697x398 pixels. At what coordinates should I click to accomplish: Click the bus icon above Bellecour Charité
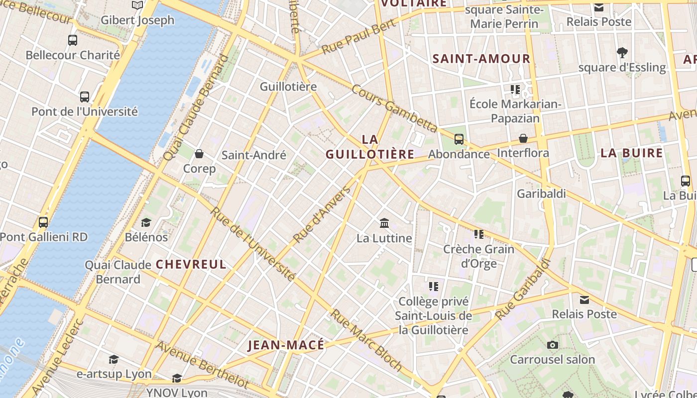[73, 40]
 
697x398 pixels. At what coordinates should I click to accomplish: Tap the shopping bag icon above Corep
[199, 154]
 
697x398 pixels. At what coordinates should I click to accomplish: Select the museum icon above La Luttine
[384, 223]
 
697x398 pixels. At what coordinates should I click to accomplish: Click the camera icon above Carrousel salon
[552, 345]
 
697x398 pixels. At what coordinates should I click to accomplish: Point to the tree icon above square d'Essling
[622, 52]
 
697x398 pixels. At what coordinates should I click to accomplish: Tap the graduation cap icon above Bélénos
[146, 222]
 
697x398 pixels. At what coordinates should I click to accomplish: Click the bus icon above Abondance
[459, 139]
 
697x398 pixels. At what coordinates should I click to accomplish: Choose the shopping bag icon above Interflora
[523, 138]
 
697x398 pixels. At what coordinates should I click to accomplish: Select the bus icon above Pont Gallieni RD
[43, 222]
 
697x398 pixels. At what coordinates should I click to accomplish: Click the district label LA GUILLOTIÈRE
[370, 147]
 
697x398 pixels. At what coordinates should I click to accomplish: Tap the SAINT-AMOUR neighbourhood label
[481, 59]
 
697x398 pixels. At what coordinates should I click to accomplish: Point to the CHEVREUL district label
[191, 264]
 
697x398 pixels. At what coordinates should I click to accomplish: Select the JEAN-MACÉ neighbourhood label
[286, 345]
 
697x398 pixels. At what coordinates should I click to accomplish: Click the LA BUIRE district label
[631, 153]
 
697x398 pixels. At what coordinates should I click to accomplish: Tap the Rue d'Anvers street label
[322, 215]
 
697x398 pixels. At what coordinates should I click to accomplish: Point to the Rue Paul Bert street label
[358, 37]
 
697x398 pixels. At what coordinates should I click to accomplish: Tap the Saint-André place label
[254, 155]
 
